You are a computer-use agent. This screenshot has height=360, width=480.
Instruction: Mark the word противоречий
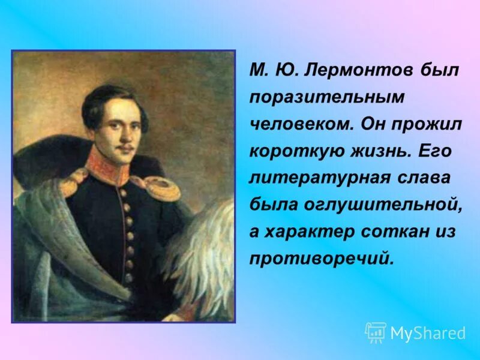pos(322,259)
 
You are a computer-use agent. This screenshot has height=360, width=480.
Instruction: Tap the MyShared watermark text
pos(428,333)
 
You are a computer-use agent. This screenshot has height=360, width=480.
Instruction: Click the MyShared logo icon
pos(376,332)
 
